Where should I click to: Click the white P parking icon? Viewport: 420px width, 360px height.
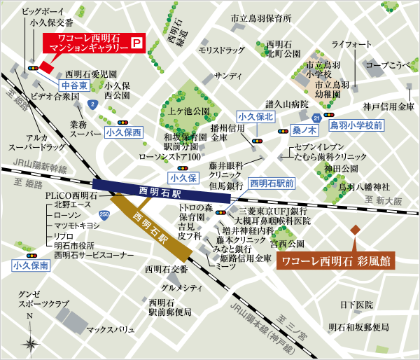pyautogui.click(x=137, y=44)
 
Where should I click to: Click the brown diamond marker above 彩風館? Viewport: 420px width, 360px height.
pyautogui.click(x=355, y=230)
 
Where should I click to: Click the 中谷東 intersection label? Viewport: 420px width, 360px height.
pyautogui.click(x=74, y=85)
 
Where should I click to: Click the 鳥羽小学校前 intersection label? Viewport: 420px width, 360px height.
pyautogui.click(x=356, y=125)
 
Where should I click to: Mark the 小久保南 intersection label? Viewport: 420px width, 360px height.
pyautogui.click(x=30, y=266)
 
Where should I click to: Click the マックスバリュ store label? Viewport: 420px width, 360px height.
pyautogui.click(x=110, y=328)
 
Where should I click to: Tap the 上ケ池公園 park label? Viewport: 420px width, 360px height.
pyautogui.click(x=185, y=111)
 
